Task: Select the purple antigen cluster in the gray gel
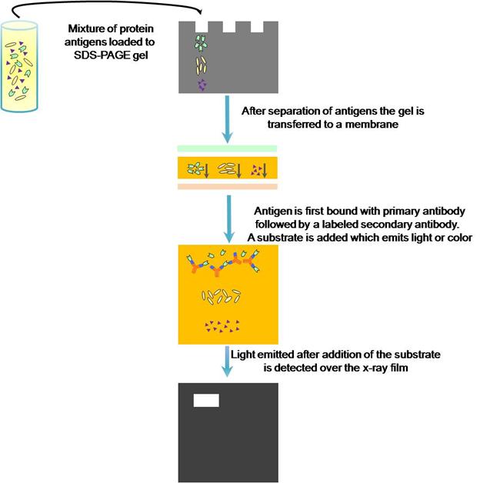(x=202, y=85)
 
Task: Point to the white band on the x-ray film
(x=206, y=400)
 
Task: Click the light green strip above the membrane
(x=227, y=148)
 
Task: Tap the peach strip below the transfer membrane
(x=227, y=187)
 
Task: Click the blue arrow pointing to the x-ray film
(x=228, y=362)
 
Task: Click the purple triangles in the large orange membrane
(x=222, y=327)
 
